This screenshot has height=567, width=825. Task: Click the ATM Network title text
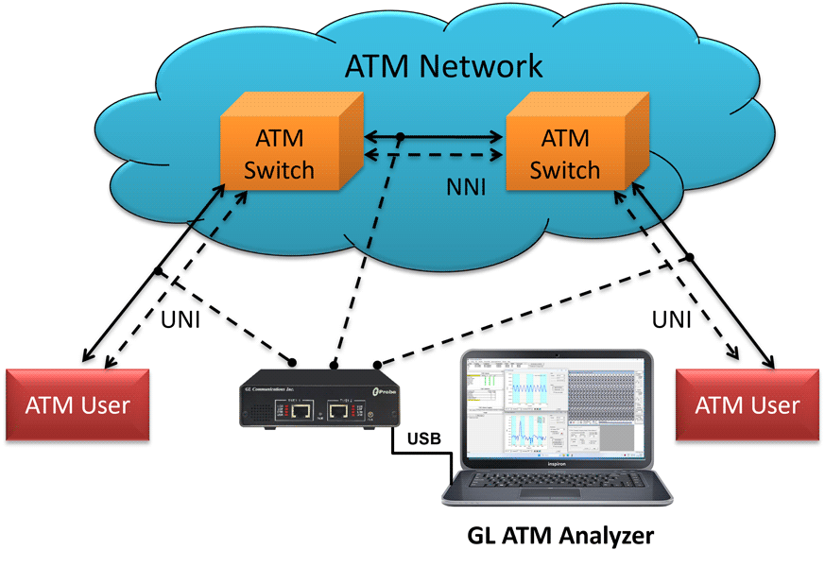444,67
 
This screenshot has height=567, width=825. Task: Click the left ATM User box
77,405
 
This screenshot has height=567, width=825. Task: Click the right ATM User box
747,405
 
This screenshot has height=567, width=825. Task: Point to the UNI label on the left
180,319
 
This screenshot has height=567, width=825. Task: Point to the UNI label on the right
671,319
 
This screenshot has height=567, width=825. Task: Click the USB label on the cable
425,438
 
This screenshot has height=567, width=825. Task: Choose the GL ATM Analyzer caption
560,536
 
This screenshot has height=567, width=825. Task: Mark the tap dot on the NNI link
401,138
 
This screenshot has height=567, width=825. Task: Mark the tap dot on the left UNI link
159,273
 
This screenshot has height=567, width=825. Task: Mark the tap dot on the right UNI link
691,257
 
